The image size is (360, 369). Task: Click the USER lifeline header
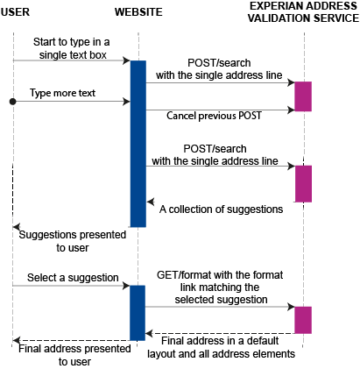(16, 11)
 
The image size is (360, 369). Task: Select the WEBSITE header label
(138, 11)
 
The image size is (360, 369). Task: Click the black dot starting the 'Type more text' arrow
(12, 102)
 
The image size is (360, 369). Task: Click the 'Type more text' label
(62, 92)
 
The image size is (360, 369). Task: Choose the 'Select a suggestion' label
(72, 277)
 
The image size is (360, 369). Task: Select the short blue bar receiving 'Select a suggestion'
(138, 312)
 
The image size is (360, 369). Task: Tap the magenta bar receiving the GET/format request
(302, 320)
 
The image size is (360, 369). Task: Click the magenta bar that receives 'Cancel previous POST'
(302, 96)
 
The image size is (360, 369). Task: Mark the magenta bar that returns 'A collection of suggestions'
(302, 182)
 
